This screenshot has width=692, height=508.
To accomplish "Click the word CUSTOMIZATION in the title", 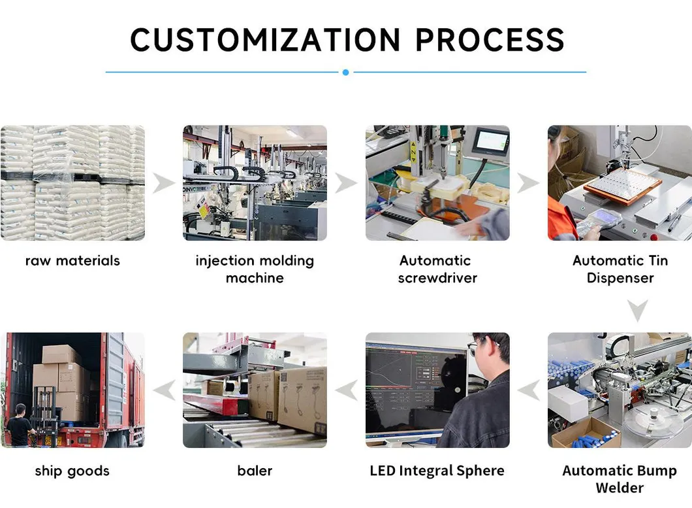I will (x=266, y=40).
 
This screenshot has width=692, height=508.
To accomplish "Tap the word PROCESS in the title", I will (x=490, y=40).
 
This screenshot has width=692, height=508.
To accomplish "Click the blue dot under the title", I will (x=345, y=73).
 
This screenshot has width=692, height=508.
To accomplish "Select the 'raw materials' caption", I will (x=72, y=261).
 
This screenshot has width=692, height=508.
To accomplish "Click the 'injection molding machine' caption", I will (x=255, y=269).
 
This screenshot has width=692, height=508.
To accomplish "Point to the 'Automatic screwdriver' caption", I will (x=437, y=269).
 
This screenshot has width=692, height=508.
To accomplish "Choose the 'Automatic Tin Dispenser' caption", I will (x=620, y=269).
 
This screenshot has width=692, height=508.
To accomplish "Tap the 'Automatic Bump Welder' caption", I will (x=620, y=479).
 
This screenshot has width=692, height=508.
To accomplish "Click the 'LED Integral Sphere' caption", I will (x=437, y=471).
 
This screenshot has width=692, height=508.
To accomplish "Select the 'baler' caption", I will (x=255, y=471).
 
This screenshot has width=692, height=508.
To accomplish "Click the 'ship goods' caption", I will (x=72, y=471).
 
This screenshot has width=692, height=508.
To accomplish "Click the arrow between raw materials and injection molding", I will (x=164, y=184).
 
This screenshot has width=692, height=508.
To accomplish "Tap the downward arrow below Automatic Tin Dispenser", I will (x=638, y=310).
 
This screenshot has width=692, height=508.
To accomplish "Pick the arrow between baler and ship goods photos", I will (x=164, y=390).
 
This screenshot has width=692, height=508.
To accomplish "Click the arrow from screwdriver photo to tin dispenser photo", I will (x=529, y=184).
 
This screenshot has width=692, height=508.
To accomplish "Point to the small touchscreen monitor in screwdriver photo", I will (x=490, y=141).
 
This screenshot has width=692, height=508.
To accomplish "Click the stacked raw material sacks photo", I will (x=72, y=183).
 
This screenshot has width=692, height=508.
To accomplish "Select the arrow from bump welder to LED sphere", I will (x=529, y=390).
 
